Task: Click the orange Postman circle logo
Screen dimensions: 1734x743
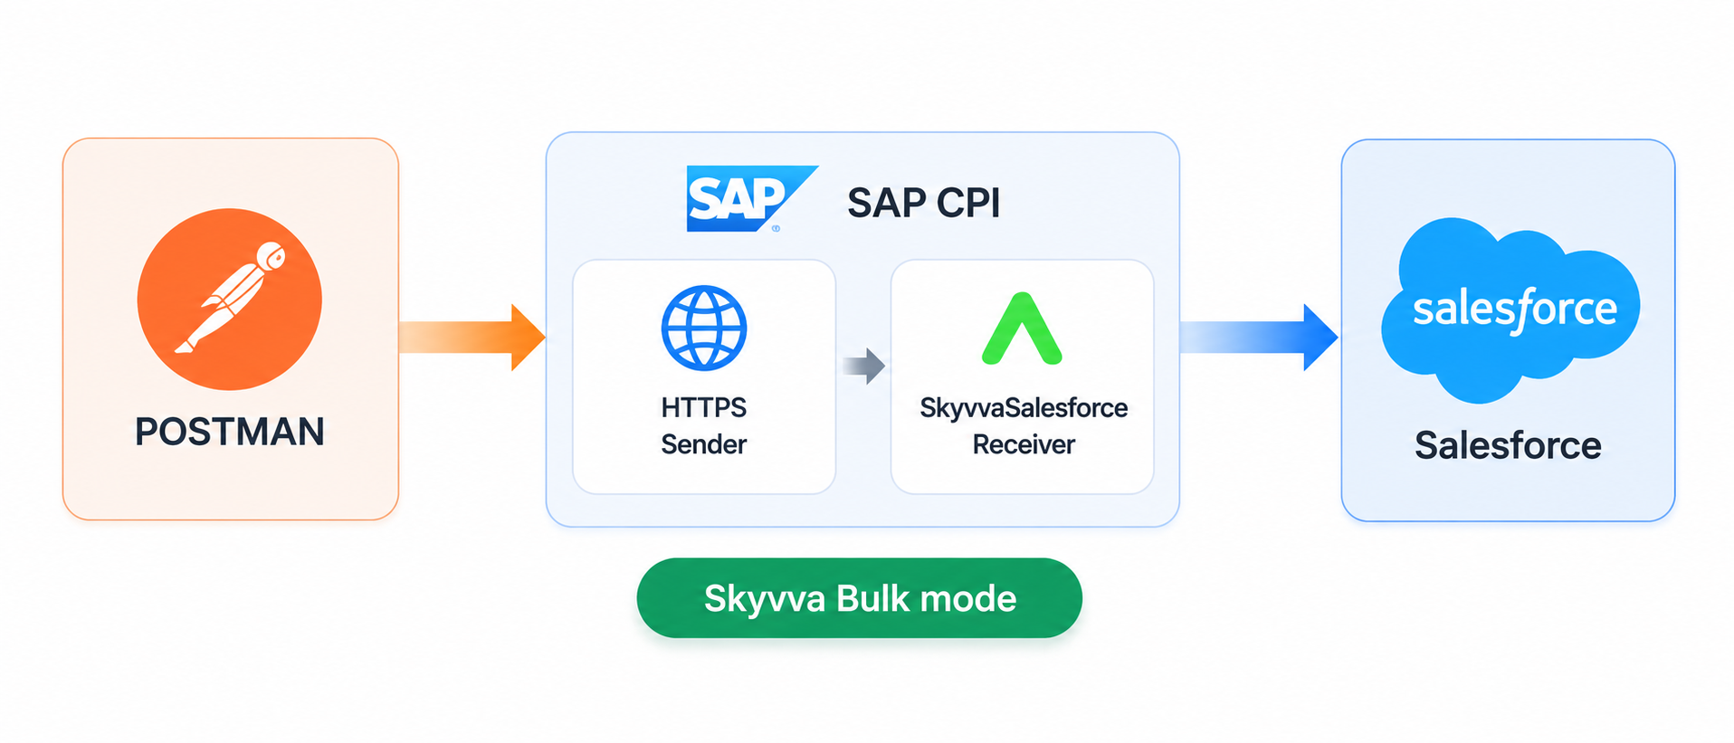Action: tap(230, 299)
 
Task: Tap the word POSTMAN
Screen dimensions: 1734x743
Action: tap(230, 432)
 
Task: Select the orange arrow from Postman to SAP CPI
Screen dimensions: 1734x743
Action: tap(472, 337)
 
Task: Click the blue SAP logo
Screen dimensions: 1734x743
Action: tap(750, 198)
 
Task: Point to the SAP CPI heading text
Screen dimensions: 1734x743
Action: tap(923, 203)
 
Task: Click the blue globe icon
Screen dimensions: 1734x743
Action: tap(704, 328)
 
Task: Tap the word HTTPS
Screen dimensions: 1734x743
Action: tap(704, 407)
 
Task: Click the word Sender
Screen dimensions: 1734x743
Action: tap(704, 444)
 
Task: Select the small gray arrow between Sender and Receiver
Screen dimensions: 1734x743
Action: tap(863, 366)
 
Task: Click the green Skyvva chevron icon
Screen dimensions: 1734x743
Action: tap(1022, 329)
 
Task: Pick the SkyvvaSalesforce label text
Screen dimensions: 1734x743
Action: tap(1024, 408)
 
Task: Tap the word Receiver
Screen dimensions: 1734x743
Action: tap(1024, 444)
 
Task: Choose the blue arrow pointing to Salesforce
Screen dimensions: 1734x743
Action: tap(1259, 338)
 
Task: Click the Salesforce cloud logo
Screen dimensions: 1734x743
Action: tap(1510, 310)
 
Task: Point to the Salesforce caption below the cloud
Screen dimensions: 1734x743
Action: tap(1508, 445)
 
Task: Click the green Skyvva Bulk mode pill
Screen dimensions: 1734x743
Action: tap(860, 598)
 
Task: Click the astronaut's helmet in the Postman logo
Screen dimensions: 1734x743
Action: tap(272, 256)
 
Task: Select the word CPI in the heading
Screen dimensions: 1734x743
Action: tap(968, 203)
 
